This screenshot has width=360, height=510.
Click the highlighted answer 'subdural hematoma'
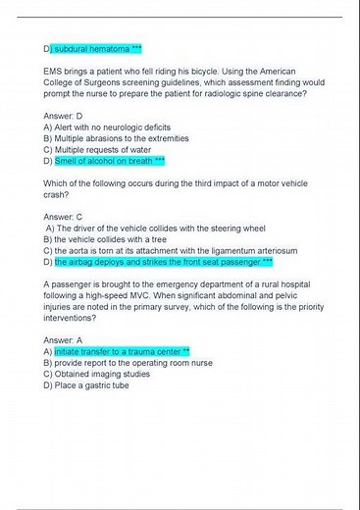click(x=97, y=48)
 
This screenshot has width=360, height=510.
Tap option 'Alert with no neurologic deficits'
click(x=98, y=127)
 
